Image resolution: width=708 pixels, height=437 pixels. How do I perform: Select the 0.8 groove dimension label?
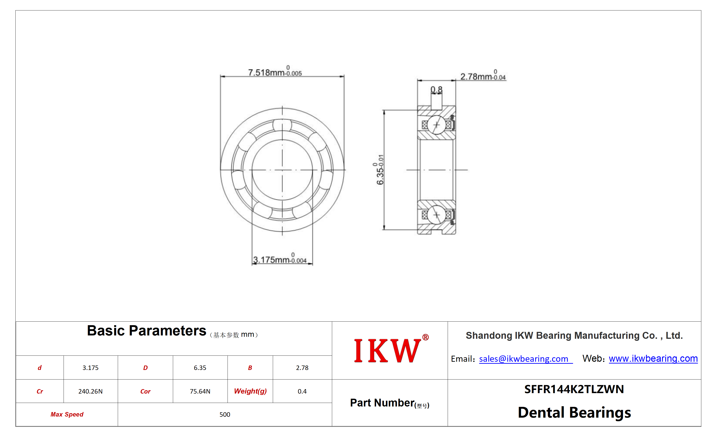point(436,90)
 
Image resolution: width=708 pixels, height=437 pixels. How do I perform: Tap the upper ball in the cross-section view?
point(436,125)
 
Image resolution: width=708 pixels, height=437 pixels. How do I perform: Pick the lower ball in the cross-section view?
point(436,215)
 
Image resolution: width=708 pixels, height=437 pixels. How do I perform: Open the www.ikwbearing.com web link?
point(653,358)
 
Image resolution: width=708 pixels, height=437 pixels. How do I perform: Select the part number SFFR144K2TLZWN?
point(574,389)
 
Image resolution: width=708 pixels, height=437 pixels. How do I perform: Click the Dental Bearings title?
point(574,412)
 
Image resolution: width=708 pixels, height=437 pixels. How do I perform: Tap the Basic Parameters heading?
point(147,331)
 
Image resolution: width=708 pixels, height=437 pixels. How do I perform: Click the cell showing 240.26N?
point(90,391)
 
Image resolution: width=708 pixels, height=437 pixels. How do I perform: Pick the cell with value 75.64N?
point(200,391)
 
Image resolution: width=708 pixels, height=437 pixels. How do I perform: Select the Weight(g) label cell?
point(250,391)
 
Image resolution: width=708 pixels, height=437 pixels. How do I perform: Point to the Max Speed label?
point(67,415)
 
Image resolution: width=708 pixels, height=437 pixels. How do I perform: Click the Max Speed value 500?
point(225,415)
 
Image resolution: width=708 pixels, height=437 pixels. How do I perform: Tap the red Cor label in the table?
point(145,391)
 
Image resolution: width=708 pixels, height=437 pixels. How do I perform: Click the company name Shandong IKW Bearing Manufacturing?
point(574,335)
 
